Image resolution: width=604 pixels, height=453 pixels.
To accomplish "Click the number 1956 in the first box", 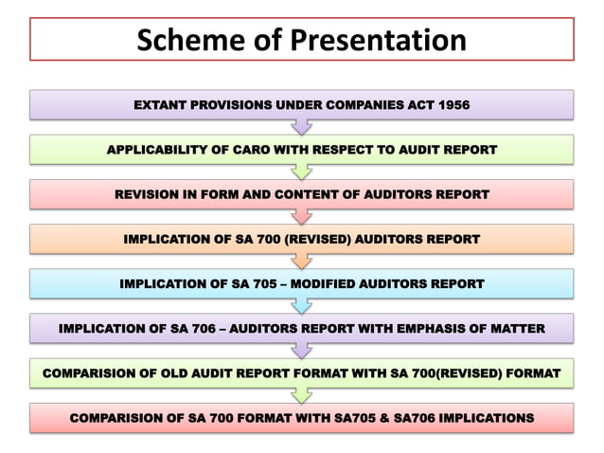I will pyautogui.click(x=452, y=104).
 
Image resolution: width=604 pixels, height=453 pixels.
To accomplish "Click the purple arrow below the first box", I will pyautogui.click(x=302, y=127).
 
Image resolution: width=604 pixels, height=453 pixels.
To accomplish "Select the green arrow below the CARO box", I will pyautogui.click(x=302, y=172).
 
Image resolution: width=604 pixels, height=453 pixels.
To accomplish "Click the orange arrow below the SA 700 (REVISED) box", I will pyautogui.click(x=302, y=261).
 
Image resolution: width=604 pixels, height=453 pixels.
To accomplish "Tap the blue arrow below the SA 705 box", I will pyautogui.click(x=302, y=305).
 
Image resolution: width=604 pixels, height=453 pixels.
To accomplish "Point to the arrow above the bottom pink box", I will pyautogui.click(x=302, y=395).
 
